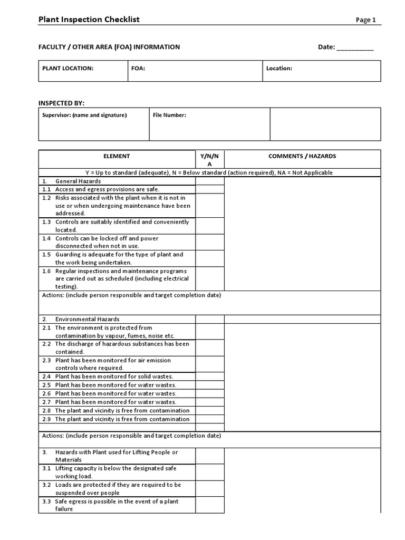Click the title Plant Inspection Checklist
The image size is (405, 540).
89,20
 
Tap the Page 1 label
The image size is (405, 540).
365,21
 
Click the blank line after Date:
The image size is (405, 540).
354,47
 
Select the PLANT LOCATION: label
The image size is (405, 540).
67,69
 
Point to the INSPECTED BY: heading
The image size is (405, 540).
61,103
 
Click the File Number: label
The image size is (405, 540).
169,115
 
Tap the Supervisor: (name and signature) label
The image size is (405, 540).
84,115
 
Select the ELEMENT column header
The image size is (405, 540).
117,157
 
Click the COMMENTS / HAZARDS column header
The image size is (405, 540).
302,157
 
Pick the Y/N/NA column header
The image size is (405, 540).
209,160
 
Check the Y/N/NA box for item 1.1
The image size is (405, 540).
209,189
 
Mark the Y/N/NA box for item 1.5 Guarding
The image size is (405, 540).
209,258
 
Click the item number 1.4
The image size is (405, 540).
46,238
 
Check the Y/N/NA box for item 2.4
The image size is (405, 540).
209,377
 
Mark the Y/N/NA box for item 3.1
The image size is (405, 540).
209,472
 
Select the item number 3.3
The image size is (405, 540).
46,502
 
